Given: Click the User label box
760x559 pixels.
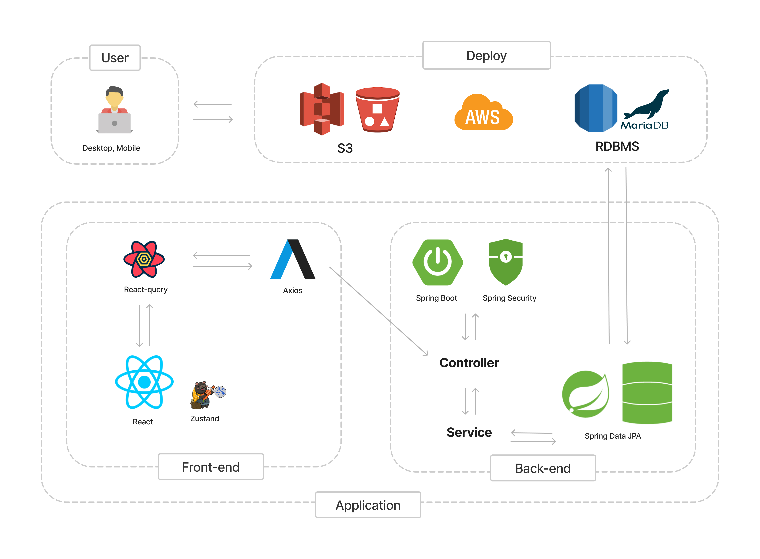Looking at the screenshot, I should click(115, 58).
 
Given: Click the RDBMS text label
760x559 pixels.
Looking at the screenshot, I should click(617, 147).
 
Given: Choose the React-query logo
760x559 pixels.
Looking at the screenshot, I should click(144, 259).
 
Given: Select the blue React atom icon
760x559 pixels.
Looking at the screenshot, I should click(144, 382).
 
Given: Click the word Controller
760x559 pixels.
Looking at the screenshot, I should click(469, 363).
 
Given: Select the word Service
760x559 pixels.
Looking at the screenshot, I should click(469, 433).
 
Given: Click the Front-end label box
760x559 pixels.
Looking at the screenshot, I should click(211, 467).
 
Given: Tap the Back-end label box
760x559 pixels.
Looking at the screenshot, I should click(543, 468).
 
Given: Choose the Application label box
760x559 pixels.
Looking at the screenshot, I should click(368, 505).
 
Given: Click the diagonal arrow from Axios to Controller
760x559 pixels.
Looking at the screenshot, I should click(379, 311).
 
